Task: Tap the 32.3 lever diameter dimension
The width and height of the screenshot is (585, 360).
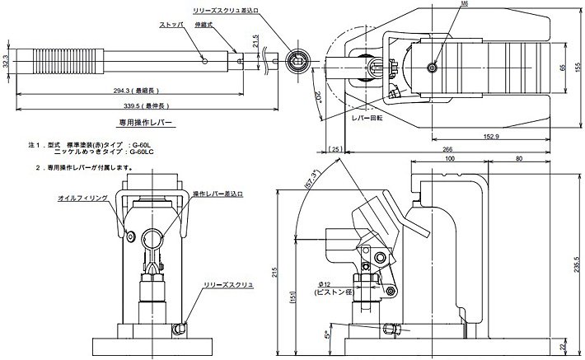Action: tap(6, 61)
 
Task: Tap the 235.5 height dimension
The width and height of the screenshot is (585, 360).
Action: tap(578, 262)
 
